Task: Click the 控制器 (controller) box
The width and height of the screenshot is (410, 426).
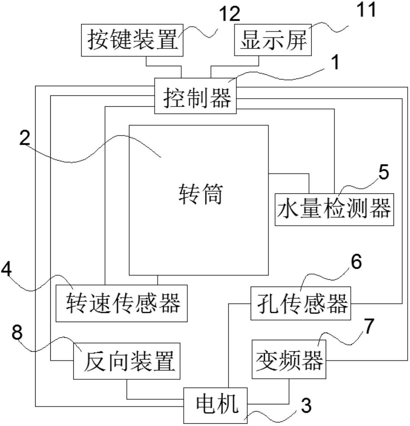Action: pyautogui.click(x=195, y=96)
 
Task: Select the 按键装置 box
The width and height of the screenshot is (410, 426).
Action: pyautogui.click(x=132, y=40)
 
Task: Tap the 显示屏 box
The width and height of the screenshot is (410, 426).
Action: pyautogui.click(x=272, y=40)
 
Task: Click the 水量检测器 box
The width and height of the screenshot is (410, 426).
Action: pyautogui.click(x=334, y=210)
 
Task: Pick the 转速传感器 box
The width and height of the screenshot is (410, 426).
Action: pyautogui.click(x=121, y=303)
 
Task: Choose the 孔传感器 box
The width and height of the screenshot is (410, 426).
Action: pyautogui.click(x=301, y=303)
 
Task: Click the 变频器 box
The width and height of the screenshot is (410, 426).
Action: pyautogui.click(x=289, y=360)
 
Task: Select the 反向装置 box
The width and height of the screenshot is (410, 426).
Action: pyautogui.click(x=127, y=361)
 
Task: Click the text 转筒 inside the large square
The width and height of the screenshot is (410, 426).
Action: pyautogui.click(x=200, y=194)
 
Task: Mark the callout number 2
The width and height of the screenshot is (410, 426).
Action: pyautogui.click(x=25, y=138)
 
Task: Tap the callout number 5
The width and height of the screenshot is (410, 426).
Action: pyautogui.click(x=383, y=172)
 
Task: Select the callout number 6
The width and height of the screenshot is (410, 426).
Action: pyautogui.click(x=356, y=262)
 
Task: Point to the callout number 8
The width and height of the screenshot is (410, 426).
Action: pyautogui.click(x=17, y=332)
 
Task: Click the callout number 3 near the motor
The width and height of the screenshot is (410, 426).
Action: pyautogui.click(x=306, y=406)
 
